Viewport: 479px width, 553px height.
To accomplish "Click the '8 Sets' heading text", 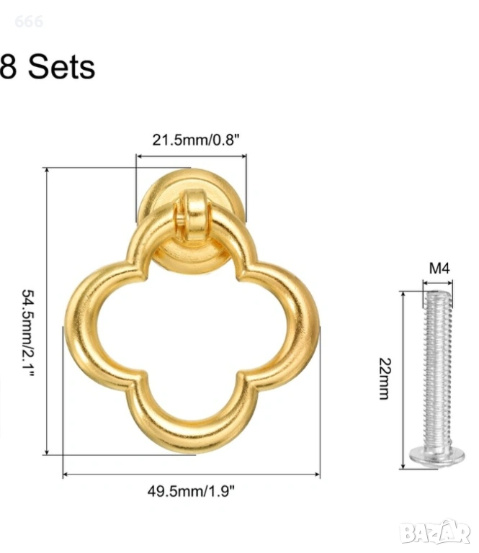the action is pyautogui.click(x=48, y=67).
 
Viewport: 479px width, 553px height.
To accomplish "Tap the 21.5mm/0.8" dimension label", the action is pyautogui.click(x=196, y=140).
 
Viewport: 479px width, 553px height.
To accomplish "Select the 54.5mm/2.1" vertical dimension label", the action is pyautogui.click(x=29, y=333).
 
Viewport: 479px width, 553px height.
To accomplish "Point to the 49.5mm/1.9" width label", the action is pyautogui.click(x=191, y=491).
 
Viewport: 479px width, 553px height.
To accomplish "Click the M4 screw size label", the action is pyautogui.click(x=439, y=269).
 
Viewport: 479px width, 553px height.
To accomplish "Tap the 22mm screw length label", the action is pyautogui.click(x=385, y=379).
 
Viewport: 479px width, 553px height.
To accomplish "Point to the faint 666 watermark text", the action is pyautogui.click(x=29, y=22).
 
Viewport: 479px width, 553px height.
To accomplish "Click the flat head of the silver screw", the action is pyautogui.click(x=437, y=457).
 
